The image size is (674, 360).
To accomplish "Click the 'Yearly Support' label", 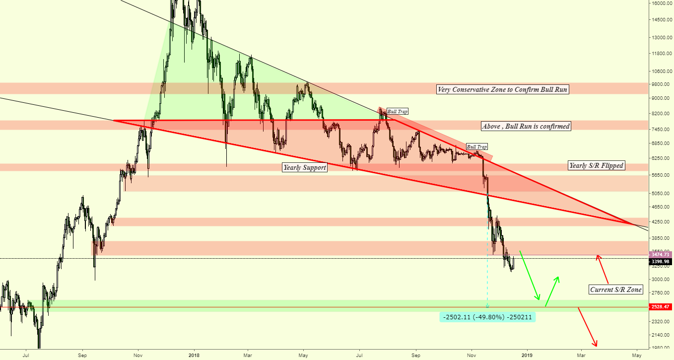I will pyautogui.click(x=304, y=168).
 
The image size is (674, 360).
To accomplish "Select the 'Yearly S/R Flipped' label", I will pyautogui.click(x=596, y=165).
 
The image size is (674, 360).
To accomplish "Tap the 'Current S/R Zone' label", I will pyautogui.click(x=616, y=289).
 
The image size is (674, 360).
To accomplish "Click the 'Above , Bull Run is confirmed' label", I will pyautogui.click(x=526, y=127).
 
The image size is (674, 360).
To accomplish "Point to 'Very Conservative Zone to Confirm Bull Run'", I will pyautogui.click(x=502, y=90).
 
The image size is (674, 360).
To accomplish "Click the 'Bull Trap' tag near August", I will pyautogui.click(x=397, y=112).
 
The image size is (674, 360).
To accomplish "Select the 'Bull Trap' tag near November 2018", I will pyautogui.click(x=476, y=147).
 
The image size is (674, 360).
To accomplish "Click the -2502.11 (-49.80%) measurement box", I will pyautogui.click(x=488, y=317).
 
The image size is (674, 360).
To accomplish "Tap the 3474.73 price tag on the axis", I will pyautogui.click(x=661, y=254).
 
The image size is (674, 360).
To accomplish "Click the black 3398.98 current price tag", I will pyautogui.click(x=661, y=262).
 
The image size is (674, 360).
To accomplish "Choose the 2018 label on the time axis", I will pyautogui.click(x=194, y=356).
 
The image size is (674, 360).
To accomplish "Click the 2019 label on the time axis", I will pyautogui.click(x=527, y=356).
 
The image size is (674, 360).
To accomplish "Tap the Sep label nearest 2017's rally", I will pyautogui.click(x=83, y=356).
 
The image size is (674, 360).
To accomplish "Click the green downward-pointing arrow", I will pyautogui.click(x=530, y=276).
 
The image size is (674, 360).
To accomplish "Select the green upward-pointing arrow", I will pyautogui.click(x=552, y=290).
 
